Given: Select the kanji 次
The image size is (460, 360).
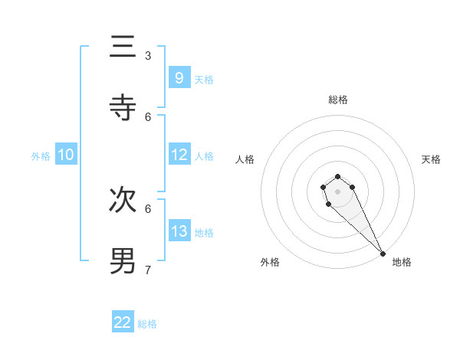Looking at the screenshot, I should click(x=123, y=199).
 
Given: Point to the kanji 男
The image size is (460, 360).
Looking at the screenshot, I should click(x=123, y=260).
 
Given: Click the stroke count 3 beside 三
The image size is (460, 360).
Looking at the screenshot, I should click(x=148, y=56).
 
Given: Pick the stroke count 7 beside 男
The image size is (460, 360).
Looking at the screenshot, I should click(x=148, y=270).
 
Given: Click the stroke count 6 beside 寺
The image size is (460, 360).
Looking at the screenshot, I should click(x=148, y=116).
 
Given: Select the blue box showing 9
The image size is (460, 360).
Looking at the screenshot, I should click(x=179, y=77).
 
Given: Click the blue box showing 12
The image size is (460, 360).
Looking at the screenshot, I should click(x=179, y=155).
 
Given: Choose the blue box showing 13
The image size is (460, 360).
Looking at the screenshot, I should click(x=179, y=231).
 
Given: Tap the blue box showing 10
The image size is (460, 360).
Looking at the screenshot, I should click(x=66, y=155).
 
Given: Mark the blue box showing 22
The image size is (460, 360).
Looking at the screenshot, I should click(x=123, y=322).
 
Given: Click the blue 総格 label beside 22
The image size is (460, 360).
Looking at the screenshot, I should click(x=147, y=324).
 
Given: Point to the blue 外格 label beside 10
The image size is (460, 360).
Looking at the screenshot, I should click(x=41, y=156).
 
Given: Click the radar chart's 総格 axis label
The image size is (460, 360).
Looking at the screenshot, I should click(x=338, y=100).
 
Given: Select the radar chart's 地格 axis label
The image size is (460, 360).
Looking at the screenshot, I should click(x=402, y=262).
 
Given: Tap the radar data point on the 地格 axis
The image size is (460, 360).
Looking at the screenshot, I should click(x=383, y=254).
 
